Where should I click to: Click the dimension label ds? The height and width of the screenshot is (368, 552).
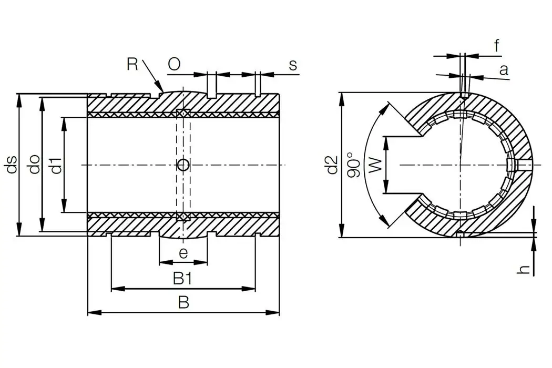12,165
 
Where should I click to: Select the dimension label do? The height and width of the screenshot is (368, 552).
34,165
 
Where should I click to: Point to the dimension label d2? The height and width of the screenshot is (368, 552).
332,165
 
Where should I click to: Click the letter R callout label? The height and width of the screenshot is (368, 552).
133,64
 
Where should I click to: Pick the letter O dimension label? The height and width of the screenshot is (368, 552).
174,64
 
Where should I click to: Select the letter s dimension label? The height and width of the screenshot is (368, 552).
293,65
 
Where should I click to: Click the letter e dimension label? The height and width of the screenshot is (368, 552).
183,253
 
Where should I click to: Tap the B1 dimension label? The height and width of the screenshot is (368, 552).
182,279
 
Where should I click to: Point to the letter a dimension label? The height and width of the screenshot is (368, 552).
504,69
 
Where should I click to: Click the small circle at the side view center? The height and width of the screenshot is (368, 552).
183,165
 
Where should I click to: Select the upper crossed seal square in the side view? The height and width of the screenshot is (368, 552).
182,114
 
